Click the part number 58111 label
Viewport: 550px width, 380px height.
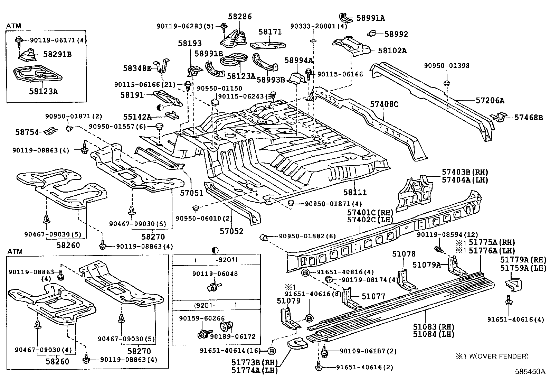click(x=355, y=192)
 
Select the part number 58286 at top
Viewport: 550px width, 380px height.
click(x=240, y=17)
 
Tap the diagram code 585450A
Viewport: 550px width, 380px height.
click(x=530, y=372)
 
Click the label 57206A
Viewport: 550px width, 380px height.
click(x=490, y=101)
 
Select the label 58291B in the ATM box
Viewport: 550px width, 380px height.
click(x=57, y=54)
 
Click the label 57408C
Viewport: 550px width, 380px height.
click(x=384, y=104)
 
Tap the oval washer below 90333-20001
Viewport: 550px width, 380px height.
click(x=313, y=41)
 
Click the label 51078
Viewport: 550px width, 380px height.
click(x=404, y=254)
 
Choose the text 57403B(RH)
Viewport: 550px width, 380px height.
click(x=465, y=172)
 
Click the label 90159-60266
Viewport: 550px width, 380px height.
click(x=201, y=318)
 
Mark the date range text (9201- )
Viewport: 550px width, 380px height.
click(x=216, y=305)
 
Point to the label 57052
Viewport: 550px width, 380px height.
click(x=232, y=231)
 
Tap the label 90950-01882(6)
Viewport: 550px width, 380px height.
click(x=307, y=236)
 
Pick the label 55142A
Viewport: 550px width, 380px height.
click(x=137, y=117)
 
